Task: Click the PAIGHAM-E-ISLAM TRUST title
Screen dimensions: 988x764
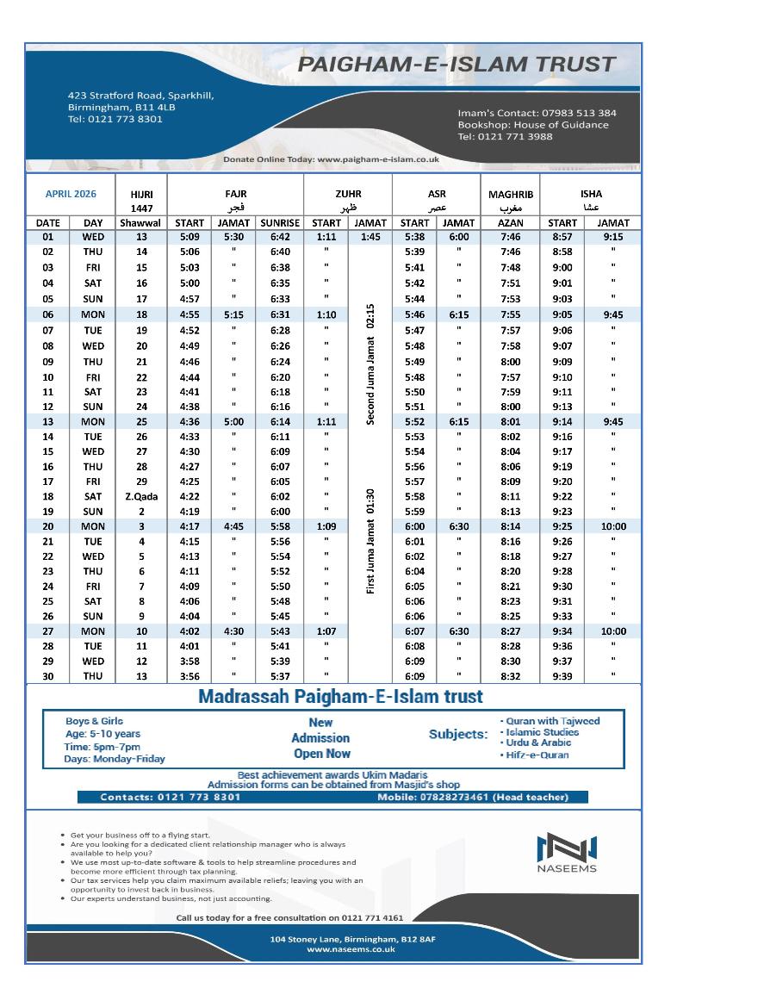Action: click(x=457, y=65)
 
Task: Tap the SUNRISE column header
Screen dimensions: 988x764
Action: click(x=280, y=222)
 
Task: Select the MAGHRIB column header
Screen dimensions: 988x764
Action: click(x=511, y=195)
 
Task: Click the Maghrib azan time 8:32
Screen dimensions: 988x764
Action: click(x=511, y=676)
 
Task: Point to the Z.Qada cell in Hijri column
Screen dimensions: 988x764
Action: click(x=141, y=496)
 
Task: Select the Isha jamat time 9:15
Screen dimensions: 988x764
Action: click(x=613, y=237)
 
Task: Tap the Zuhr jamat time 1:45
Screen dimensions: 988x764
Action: click(x=370, y=237)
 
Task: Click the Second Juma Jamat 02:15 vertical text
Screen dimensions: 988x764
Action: click(x=370, y=363)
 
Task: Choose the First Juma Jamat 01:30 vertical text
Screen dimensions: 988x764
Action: click(x=370, y=542)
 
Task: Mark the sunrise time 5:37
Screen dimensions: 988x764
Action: click(x=280, y=676)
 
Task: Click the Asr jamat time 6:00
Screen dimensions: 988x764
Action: click(x=458, y=237)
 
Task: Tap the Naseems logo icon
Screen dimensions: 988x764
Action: click(x=567, y=848)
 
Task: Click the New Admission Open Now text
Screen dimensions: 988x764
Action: click(x=321, y=738)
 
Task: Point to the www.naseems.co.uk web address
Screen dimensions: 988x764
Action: click(x=351, y=948)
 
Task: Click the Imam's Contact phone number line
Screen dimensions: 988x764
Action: click(x=537, y=113)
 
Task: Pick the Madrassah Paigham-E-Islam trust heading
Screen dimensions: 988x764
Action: click(x=340, y=696)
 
